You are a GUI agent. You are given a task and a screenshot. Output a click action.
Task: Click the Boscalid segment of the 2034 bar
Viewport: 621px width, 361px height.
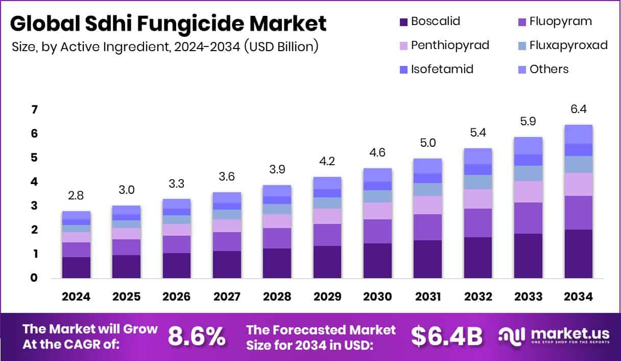(x=578, y=254)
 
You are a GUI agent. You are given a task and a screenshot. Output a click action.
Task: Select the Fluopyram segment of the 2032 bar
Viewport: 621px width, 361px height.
(x=478, y=222)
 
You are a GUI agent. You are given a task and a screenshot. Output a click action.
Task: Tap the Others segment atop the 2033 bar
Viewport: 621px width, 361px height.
(x=528, y=146)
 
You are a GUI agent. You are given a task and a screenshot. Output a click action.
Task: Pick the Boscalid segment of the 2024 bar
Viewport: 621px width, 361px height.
(x=76, y=267)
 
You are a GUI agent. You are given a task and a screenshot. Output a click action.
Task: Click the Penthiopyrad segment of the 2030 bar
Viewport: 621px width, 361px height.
(x=377, y=211)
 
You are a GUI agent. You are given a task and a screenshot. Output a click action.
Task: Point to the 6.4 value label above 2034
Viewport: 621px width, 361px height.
(x=578, y=109)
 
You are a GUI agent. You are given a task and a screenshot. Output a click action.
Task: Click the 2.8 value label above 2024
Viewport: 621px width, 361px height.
(x=76, y=196)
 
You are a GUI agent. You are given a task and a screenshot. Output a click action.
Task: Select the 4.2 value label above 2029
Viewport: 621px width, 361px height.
(x=327, y=162)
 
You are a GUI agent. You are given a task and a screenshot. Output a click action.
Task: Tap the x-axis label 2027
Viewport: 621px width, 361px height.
(x=227, y=297)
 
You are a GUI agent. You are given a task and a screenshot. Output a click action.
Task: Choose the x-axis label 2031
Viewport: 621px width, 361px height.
(x=427, y=297)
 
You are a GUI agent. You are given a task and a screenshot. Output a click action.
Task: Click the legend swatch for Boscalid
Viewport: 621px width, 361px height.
(x=403, y=22)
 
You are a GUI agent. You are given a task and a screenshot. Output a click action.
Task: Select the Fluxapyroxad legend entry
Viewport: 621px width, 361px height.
(x=568, y=45)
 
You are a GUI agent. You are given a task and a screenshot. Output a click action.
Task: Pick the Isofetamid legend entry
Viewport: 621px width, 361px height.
(x=442, y=69)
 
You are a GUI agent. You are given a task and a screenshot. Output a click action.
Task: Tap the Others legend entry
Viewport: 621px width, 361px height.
(x=549, y=69)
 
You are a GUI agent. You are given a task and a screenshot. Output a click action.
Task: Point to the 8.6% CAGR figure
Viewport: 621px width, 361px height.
(x=197, y=336)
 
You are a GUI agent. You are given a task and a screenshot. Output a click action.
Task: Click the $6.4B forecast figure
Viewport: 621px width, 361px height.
(x=447, y=336)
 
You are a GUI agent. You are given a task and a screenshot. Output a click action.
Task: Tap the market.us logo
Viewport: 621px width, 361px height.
(x=554, y=336)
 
